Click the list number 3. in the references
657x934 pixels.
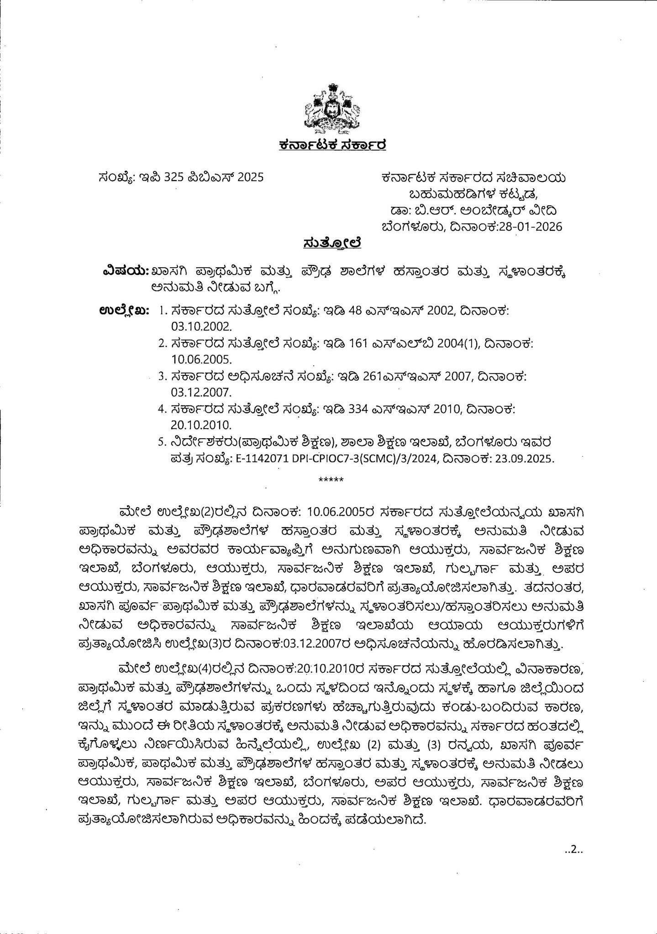(161, 377)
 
